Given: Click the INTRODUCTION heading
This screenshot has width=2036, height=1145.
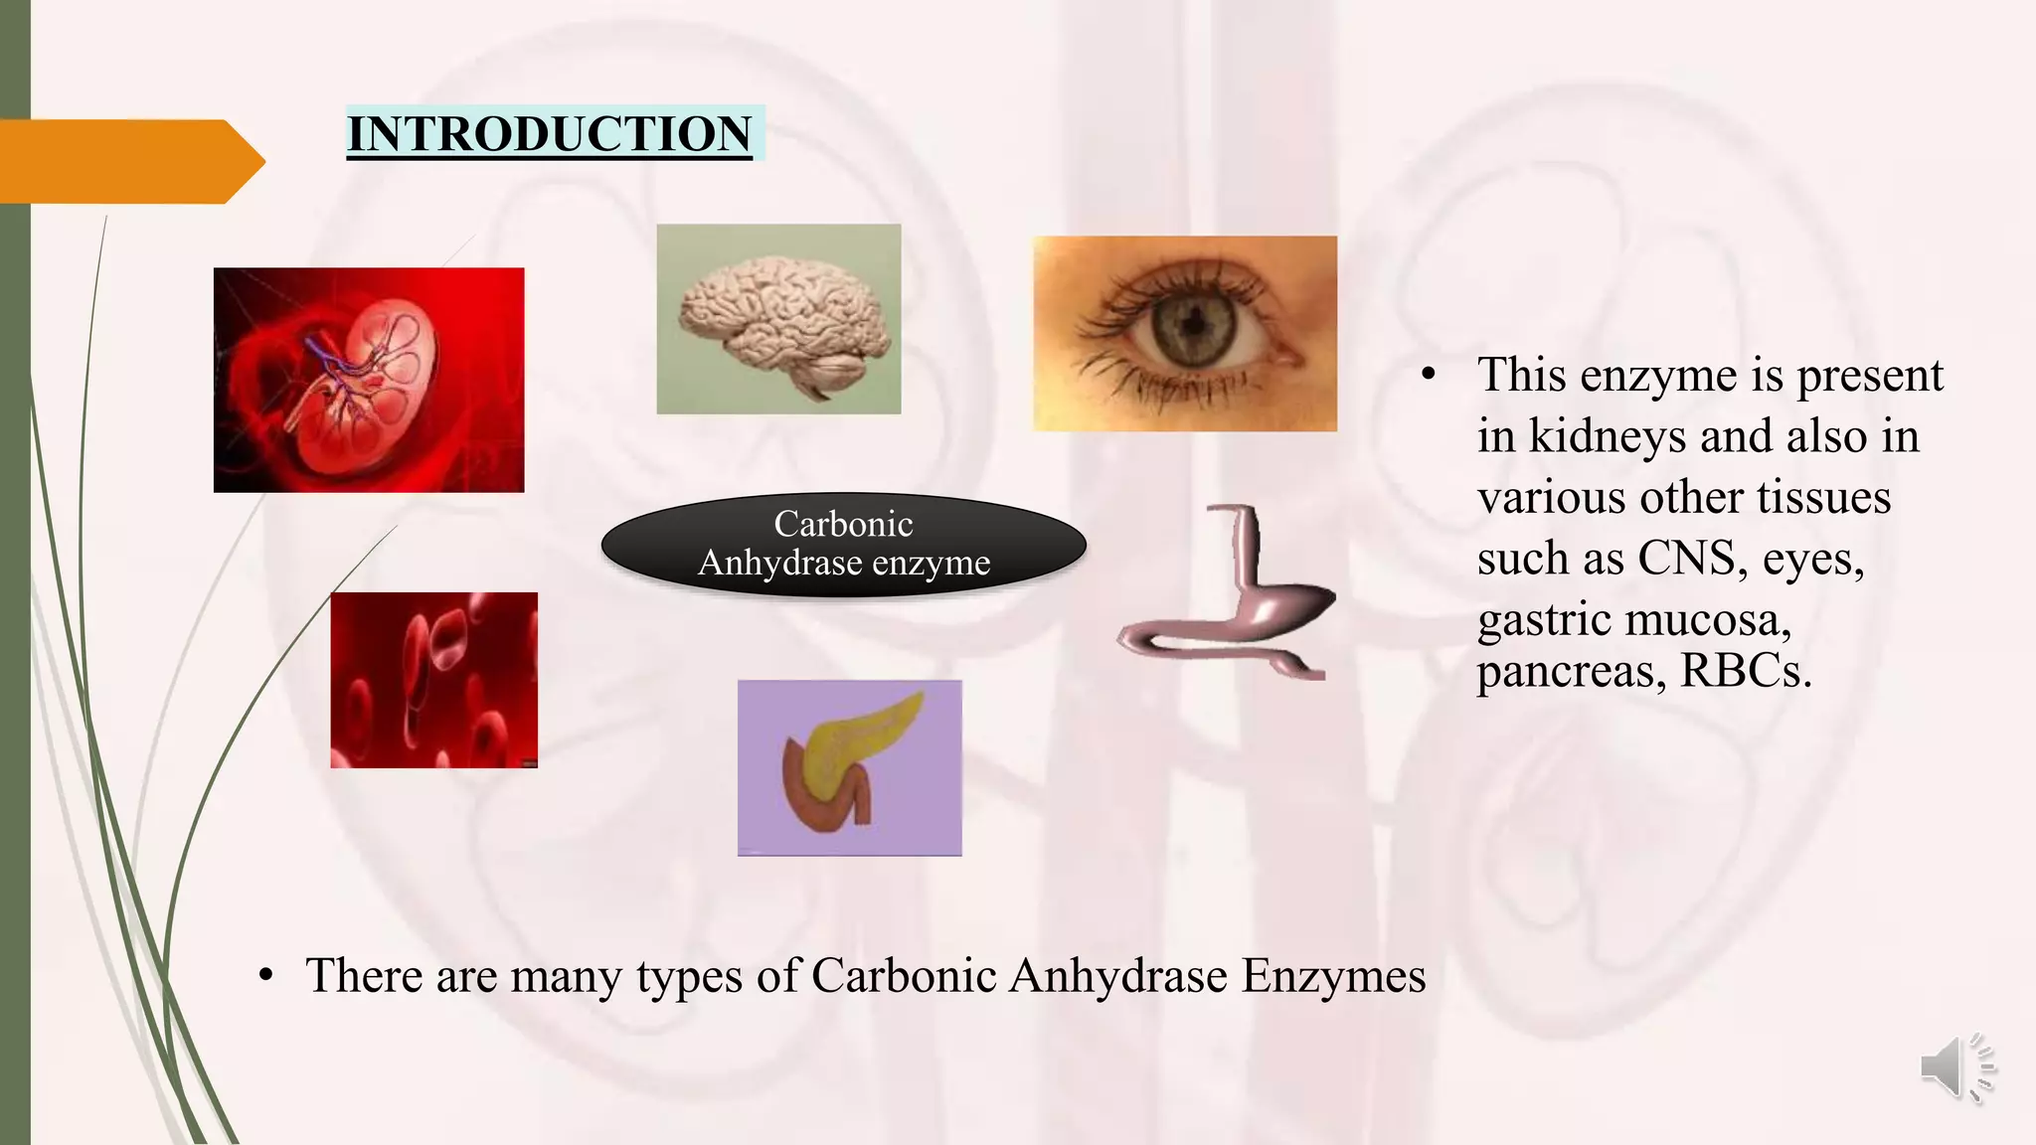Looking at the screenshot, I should pyautogui.click(x=549, y=134).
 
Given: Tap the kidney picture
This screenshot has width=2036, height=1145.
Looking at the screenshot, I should pyautogui.click(x=368, y=380).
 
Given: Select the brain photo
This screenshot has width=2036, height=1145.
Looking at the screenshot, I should pyautogui.click(x=778, y=319).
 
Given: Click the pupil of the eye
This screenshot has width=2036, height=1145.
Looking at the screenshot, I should pyautogui.click(x=1190, y=322).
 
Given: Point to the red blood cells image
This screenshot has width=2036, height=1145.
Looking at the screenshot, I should pyautogui.click(x=433, y=680).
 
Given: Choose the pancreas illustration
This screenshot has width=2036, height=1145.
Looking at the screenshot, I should pyautogui.click(x=849, y=767).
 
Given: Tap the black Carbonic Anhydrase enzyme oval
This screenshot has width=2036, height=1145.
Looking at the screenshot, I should pyautogui.click(x=843, y=544).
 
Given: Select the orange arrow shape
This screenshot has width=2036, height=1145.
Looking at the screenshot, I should pyautogui.click(x=129, y=161).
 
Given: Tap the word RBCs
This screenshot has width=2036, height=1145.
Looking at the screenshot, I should pyautogui.click(x=1745, y=672).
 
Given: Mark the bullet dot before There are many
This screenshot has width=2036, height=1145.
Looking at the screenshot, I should pyautogui.click(x=264, y=976).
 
